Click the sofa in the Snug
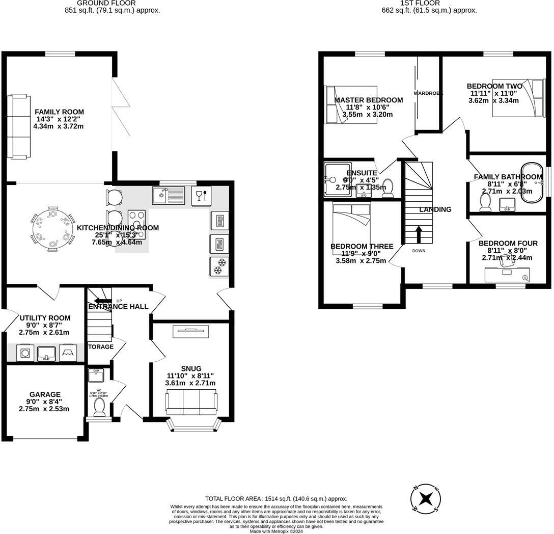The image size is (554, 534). point(190,402)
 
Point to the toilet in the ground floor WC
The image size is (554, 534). point(100,407)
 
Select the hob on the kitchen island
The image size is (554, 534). point(136,225)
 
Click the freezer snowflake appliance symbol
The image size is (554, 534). point(219,266)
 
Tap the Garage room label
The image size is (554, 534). point(45,394)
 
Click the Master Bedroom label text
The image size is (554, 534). point(368,100)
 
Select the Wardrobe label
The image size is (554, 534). point(428,93)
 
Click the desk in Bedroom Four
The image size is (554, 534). point(506,274)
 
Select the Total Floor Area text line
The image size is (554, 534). point(276,499)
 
